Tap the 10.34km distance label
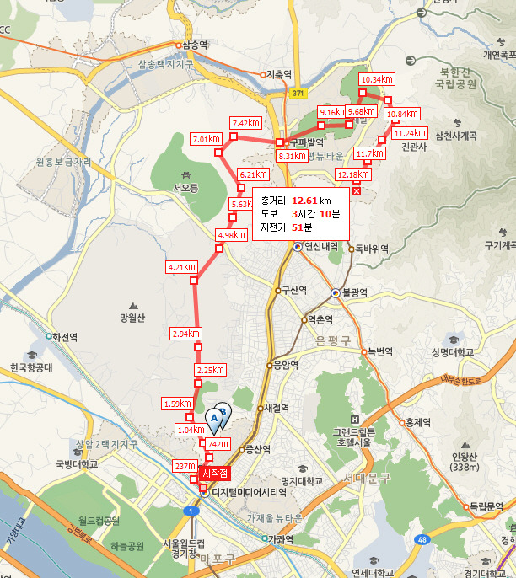(x=377, y=79)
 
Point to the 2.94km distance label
(x=185, y=334)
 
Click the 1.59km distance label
(x=177, y=404)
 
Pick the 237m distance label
(x=183, y=466)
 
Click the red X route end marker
(x=357, y=191)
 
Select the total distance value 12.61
(x=304, y=201)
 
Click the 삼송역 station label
(x=193, y=45)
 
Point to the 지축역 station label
(x=278, y=74)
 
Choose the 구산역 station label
(x=293, y=290)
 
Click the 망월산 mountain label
(x=133, y=318)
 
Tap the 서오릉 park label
(x=185, y=188)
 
